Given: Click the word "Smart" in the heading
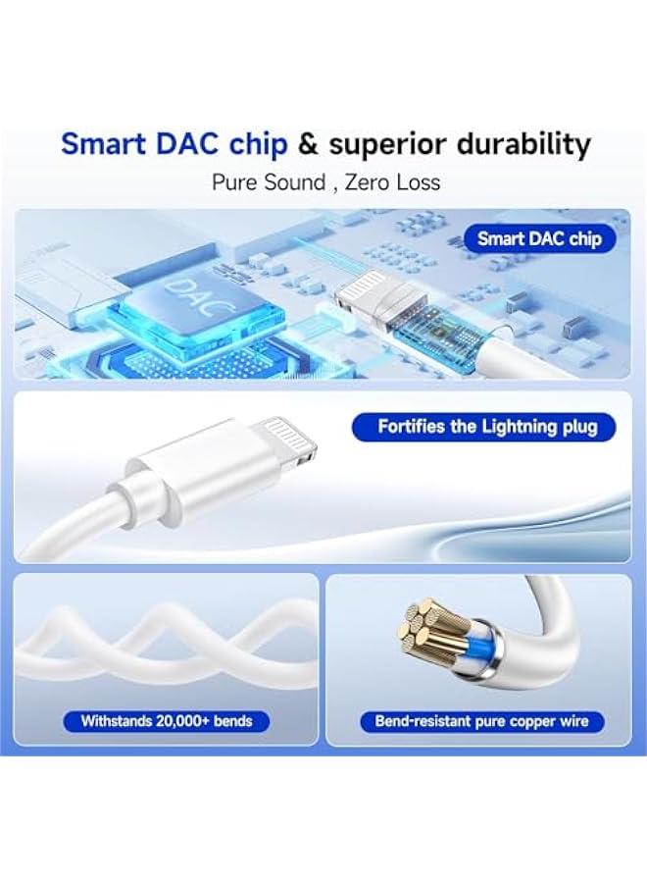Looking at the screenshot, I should (104, 144).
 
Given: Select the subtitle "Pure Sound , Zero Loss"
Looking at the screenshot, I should (326, 182).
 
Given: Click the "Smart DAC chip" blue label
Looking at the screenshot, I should (539, 238).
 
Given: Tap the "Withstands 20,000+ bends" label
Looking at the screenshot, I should (167, 721).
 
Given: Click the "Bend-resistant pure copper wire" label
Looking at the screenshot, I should (482, 721).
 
